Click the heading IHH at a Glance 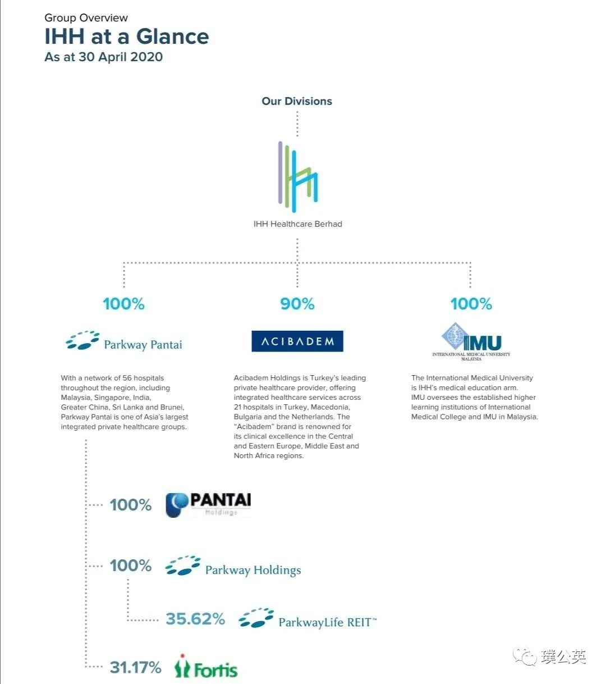tap(127, 37)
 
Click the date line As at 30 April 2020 tap(104, 57)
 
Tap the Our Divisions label tap(297, 101)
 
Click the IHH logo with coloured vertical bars tap(297, 173)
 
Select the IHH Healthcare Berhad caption tap(297, 224)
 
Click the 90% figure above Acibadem tap(297, 304)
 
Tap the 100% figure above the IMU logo tap(471, 304)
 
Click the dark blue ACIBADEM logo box tap(297, 341)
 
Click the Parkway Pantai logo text tap(143, 344)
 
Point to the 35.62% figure tap(195, 619)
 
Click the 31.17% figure tap(135, 667)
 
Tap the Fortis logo tap(206, 667)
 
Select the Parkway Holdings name tap(253, 570)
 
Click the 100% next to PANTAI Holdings tap(131, 505)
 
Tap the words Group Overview tap(86, 18)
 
